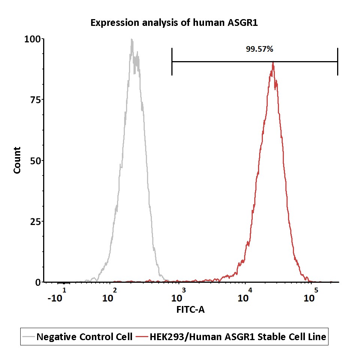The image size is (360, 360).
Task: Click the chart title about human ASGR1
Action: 174,23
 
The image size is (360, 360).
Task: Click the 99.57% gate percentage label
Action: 259,49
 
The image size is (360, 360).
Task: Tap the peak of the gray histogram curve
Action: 132,39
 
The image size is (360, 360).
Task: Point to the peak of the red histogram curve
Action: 273,62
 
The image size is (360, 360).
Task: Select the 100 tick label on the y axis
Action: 32,39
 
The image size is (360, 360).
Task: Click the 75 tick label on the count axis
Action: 35,100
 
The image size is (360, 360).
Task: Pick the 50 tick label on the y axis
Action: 35,161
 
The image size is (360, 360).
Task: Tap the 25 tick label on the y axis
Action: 35,222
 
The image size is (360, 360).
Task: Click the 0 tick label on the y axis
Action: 38,282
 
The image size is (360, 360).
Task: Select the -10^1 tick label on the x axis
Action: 57,295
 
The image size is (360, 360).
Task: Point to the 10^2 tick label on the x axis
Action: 109,295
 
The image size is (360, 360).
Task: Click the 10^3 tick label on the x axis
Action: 178,295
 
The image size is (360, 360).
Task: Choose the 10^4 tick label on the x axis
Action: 245,295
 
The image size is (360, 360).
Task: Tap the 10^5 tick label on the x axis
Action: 311,295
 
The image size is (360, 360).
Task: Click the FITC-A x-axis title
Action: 190,309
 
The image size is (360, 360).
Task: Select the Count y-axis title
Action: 17,160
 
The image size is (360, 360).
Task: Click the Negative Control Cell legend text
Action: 84,337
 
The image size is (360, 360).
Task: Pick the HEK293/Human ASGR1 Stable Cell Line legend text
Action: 238,337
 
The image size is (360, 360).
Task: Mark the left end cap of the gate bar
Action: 172,61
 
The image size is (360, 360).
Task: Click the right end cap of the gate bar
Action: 337,61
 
